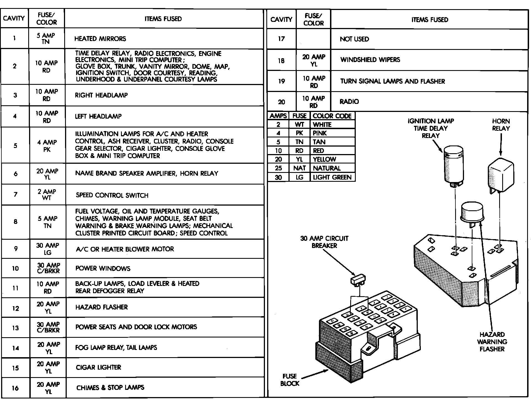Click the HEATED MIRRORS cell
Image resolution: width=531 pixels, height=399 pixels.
pyautogui.click(x=100, y=39)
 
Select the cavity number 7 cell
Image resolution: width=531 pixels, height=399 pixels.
pyautogui.click(x=16, y=195)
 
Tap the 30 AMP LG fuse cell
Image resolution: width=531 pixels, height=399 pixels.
pyautogui.click(x=48, y=249)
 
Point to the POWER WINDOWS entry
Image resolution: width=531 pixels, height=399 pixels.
pyautogui.click(x=103, y=268)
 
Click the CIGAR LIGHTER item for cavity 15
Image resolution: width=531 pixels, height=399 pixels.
pyautogui.click(x=99, y=367)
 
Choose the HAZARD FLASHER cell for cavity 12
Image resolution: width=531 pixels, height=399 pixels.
pyautogui.click(x=102, y=307)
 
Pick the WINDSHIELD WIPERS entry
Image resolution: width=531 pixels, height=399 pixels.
pyautogui.click(x=370, y=60)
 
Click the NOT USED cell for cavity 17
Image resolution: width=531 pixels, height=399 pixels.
pyautogui.click(x=354, y=39)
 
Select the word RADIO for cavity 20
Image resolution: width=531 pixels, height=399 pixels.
pyautogui.click(x=349, y=102)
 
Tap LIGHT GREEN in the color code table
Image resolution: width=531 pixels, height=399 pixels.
pyautogui.click(x=332, y=177)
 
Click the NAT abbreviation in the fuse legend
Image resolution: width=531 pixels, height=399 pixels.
pyautogui.click(x=299, y=168)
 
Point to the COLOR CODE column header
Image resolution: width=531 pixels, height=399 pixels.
pyautogui.click(x=332, y=116)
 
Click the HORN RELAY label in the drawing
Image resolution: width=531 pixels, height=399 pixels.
pyautogui.click(x=501, y=125)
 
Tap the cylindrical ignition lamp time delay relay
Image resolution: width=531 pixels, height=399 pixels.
pyautogui.click(x=453, y=166)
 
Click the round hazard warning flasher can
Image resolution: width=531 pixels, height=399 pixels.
pyautogui.click(x=472, y=212)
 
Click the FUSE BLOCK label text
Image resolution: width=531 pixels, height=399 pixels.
pyautogui.click(x=290, y=380)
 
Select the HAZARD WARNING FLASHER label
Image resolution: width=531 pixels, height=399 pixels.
pyautogui.click(x=492, y=342)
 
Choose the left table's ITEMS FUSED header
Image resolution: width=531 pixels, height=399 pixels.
pyautogui.click(x=163, y=19)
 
